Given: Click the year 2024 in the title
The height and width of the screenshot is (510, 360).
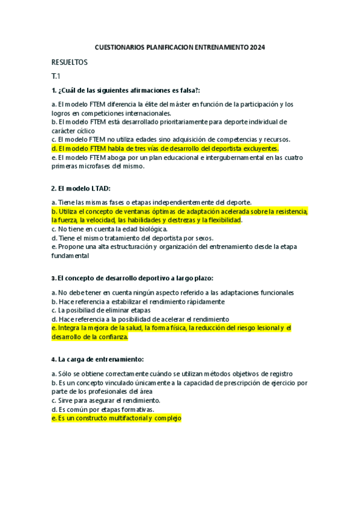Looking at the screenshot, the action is [x=257, y=47].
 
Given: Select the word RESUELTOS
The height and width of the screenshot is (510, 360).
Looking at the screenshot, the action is [x=70, y=62].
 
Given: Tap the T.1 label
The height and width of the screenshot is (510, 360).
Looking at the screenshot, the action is [x=56, y=76].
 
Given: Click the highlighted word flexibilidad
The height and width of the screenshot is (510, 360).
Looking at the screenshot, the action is [x=222, y=220].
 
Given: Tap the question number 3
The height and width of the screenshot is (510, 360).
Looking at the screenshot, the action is [x=53, y=278].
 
